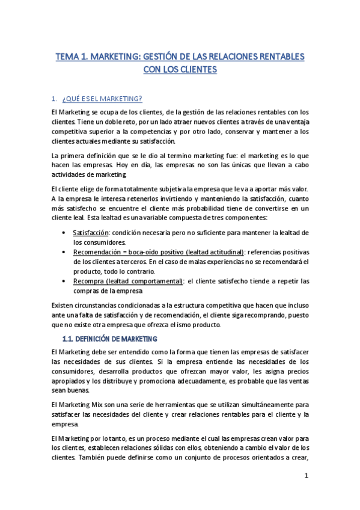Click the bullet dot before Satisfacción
(65, 233)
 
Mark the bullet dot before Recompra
(65, 281)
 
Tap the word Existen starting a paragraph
(64, 305)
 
